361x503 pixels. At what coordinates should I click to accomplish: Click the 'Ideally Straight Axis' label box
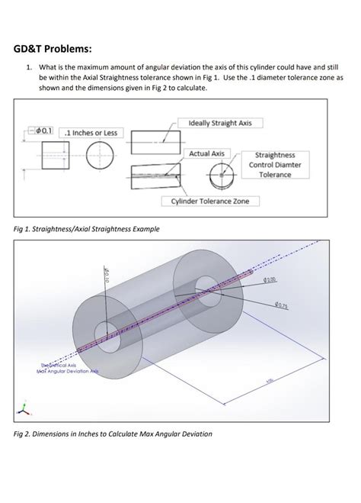click(219, 122)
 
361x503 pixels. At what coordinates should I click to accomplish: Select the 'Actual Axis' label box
click(206, 153)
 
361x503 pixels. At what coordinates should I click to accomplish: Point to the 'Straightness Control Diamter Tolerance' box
click(275, 164)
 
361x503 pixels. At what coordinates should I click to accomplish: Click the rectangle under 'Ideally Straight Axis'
click(156, 143)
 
